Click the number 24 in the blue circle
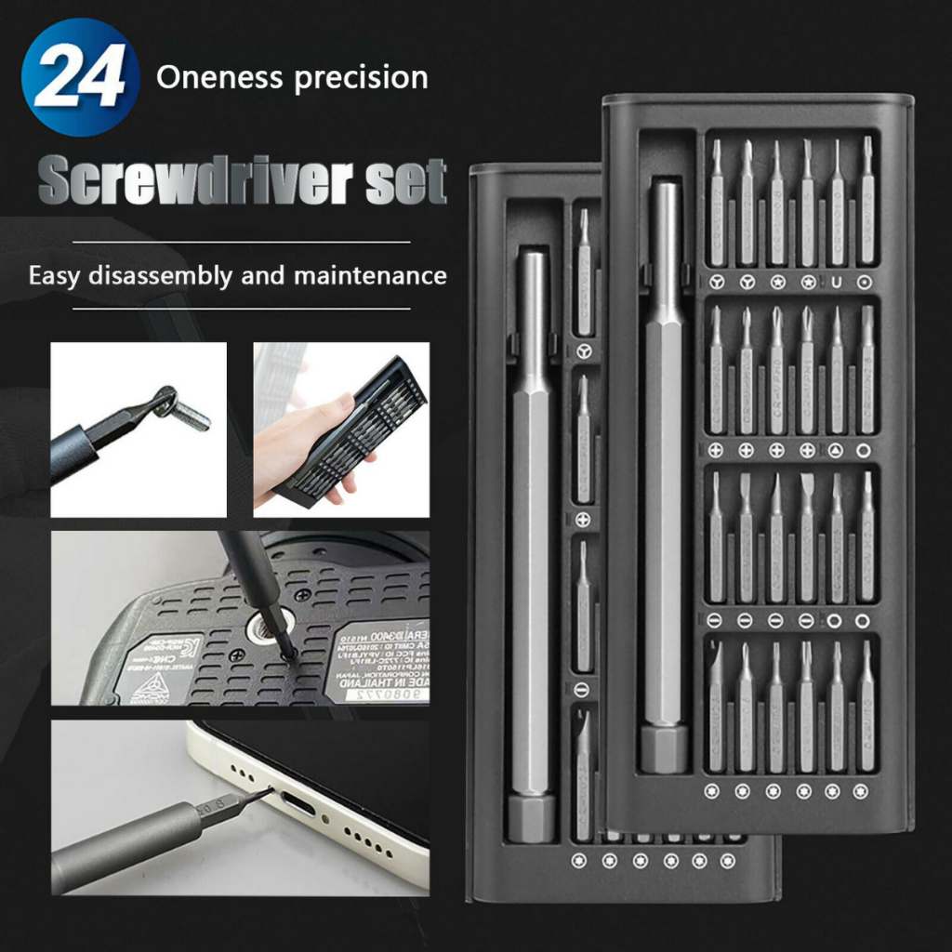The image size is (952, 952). pos(80,77)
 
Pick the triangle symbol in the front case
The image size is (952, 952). pos(835,450)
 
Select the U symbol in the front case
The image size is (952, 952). pos(835,281)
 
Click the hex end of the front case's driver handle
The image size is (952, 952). pos(665,748)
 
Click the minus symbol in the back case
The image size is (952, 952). pos(583,689)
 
